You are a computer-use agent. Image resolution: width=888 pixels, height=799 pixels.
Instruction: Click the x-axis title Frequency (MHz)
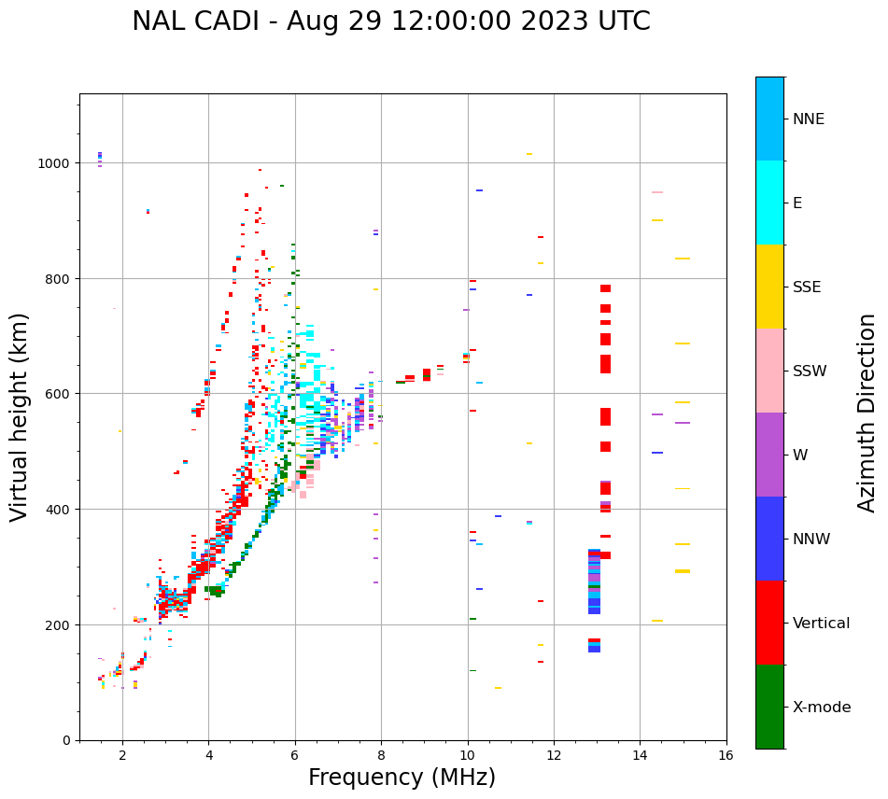402,778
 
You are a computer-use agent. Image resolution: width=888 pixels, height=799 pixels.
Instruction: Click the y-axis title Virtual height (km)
21,416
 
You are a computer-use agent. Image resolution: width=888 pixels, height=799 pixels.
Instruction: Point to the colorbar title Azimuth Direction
867,413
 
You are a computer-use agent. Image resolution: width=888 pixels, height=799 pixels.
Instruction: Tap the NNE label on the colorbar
809,119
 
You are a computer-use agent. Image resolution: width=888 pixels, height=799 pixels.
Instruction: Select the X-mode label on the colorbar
822,707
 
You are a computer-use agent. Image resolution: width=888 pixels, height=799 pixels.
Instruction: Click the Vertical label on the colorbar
821,623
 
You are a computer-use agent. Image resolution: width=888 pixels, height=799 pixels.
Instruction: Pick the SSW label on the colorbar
810,371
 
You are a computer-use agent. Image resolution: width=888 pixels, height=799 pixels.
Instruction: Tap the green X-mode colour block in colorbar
769,707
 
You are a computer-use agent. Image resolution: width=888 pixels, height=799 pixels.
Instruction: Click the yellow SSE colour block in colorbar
769,287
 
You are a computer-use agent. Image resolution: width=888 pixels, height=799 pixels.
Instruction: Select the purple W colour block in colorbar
769,455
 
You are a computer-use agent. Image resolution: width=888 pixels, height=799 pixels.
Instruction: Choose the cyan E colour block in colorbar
769,203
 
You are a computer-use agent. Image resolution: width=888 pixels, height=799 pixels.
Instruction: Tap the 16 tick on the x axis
726,756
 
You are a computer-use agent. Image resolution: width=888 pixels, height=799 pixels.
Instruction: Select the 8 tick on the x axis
381,756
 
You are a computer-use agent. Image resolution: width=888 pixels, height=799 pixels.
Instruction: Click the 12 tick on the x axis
554,756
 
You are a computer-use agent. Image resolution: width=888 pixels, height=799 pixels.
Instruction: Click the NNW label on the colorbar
812,539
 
